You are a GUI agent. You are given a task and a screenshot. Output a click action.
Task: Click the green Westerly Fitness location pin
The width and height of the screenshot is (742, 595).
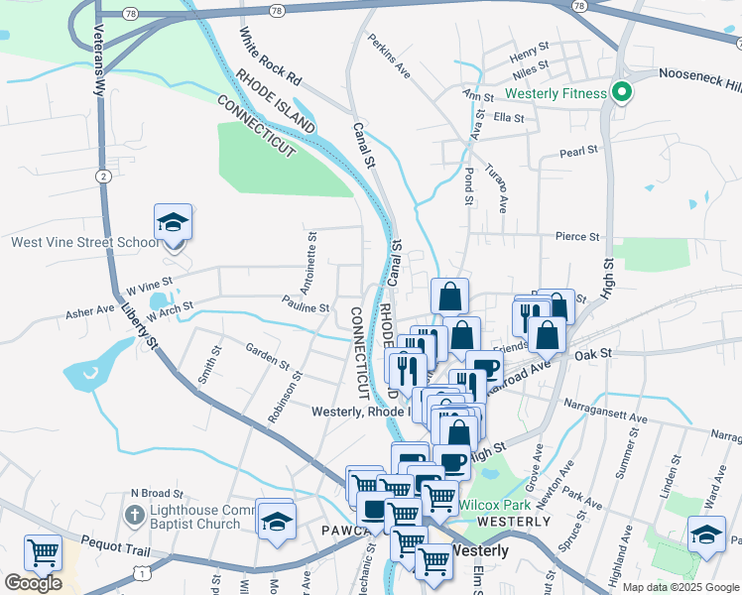click(x=622, y=94)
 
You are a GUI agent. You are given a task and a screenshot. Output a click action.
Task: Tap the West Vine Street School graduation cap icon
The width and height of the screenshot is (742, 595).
click(x=173, y=223)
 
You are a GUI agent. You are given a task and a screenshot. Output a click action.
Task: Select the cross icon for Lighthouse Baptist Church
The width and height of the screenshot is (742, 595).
click(x=136, y=516)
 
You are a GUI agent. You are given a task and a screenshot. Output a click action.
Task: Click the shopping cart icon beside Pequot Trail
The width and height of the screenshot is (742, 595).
click(x=43, y=552)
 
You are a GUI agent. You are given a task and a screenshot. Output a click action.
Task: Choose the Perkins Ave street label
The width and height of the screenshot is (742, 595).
click(x=389, y=58)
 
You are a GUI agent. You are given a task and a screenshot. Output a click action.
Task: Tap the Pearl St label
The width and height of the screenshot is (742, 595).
click(x=578, y=152)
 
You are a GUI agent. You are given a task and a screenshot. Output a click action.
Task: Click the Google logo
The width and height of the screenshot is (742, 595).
click(x=33, y=582)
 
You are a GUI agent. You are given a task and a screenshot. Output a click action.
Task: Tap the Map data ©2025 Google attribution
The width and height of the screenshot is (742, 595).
click(x=680, y=587)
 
